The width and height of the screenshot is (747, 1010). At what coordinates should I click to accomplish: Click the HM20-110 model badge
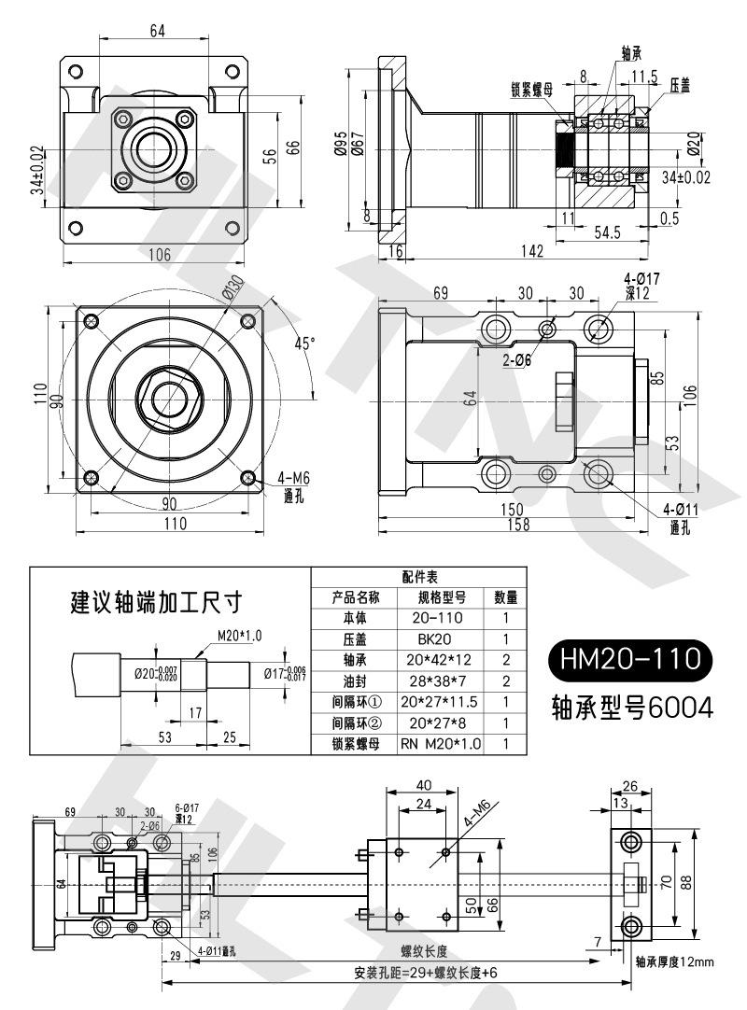coord(630,660)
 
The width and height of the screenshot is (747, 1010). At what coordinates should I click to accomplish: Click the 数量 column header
coord(504,597)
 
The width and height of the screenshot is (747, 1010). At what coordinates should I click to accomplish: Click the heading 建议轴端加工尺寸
coord(158,601)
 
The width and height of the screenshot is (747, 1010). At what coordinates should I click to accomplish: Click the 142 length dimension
coord(533,250)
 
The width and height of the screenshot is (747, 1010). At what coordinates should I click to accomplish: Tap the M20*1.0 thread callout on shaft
coord(239,636)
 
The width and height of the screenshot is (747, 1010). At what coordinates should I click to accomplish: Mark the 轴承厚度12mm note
coord(673,961)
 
